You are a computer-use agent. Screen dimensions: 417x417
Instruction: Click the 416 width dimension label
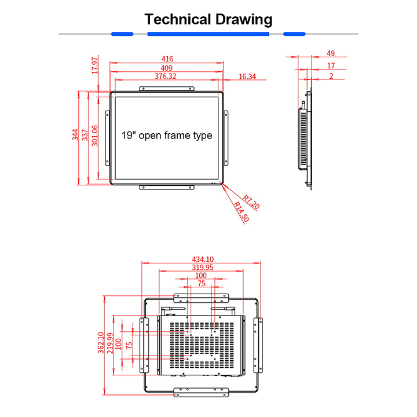click(x=167, y=58)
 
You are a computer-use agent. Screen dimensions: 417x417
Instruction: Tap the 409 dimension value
click(x=167, y=67)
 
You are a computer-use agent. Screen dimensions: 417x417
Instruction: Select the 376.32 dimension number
click(x=166, y=76)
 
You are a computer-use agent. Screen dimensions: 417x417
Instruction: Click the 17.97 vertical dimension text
click(x=95, y=65)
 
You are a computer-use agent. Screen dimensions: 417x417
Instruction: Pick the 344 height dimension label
click(x=75, y=136)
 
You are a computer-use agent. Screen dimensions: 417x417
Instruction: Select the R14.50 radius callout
click(x=242, y=212)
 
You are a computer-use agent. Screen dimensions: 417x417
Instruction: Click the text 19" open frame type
click(x=167, y=136)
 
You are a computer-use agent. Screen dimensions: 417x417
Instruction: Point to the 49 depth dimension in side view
click(x=331, y=53)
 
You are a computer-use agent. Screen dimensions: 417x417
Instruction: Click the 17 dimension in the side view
click(x=331, y=65)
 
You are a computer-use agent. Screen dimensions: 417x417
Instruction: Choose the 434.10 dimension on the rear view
click(x=201, y=259)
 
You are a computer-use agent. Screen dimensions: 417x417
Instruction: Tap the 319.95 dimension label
click(x=201, y=267)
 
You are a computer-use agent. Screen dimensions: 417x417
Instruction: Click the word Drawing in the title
click(x=243, y=19)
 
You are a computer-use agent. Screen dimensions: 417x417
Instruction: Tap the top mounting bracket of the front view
click(x=166, y=88)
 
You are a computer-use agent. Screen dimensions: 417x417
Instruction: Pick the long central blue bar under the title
click(x=208, y=34)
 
